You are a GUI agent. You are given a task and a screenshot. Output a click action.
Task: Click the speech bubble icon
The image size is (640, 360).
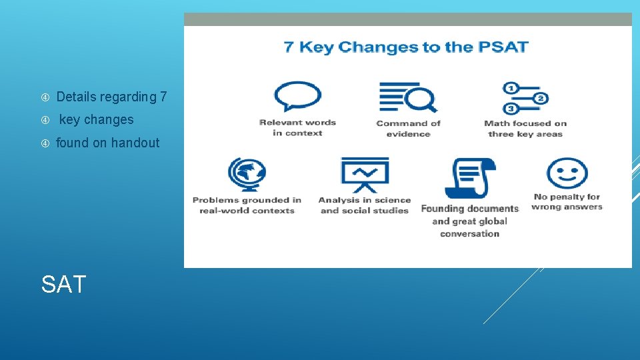pyautogui.click(x=297, y=97)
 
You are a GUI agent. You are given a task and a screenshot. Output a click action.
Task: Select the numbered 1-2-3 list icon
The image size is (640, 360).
pyautogui.click(x=525, y=98)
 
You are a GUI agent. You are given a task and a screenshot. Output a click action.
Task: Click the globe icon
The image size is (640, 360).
pyautogui.click(x=247, y=175)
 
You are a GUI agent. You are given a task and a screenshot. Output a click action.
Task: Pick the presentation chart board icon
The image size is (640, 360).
pyautogui.click(x=364, y=175)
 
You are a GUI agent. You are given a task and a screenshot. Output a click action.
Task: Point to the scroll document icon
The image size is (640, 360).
pyautogui.click(x=470, y=179)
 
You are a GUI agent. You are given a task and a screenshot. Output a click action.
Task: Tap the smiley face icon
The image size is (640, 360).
pyautogui.click(x=567, y=173)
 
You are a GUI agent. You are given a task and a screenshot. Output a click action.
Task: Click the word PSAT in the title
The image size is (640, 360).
pyautogui.click(x=502, y=47)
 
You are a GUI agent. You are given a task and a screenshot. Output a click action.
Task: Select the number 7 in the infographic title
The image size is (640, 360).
pyautogui.click(x=289, y=47)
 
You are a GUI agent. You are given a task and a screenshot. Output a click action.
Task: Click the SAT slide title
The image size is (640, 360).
pyautogui.click(x=63, y=285)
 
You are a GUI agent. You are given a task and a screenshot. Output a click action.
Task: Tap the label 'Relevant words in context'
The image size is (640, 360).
pyautogui.click(x=297, y=127)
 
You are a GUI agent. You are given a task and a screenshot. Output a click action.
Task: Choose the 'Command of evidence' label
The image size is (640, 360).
pyautogui.click(x=409, y=128)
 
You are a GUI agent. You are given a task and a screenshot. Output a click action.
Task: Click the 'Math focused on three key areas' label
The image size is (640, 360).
pyautogui.click(x=525, y=128)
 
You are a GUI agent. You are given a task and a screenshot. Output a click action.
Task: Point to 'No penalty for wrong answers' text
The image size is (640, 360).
pyautogui.click(x=567, y=201)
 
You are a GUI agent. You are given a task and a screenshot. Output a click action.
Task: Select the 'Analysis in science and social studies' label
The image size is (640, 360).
pyautogui.click(x=365, y=205)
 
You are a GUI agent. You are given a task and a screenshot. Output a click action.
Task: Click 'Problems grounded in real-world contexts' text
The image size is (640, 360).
pyautogui.click(x=247, y=205)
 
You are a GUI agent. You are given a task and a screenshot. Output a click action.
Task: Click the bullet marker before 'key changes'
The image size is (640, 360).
pyautogui.click(x=45, y=120)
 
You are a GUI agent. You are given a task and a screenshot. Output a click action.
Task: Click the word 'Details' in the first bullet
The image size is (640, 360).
pyautogui.click(x=76, y=97)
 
